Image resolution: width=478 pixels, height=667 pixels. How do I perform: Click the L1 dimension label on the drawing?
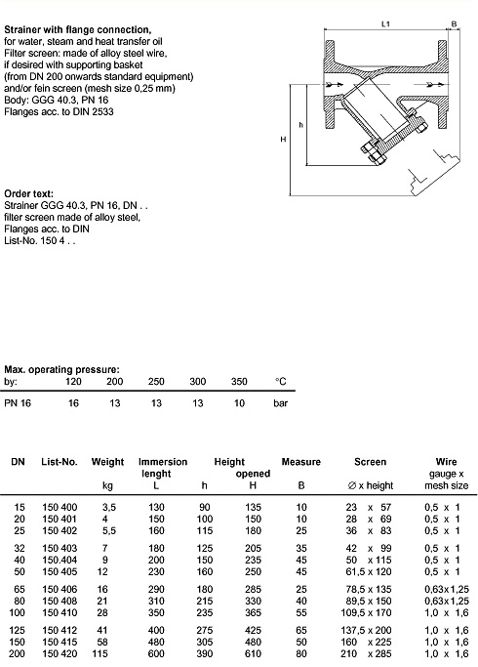coord(385,24)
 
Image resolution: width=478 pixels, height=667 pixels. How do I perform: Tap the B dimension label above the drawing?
coord(454,24)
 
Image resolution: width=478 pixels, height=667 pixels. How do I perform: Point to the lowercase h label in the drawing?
coord(301,125)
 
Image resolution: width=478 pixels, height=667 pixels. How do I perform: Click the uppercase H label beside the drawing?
coord(284,139)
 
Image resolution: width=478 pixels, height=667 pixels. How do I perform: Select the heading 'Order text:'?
coord(29,194)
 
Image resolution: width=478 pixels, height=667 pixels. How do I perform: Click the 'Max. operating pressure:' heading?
coord(62,369)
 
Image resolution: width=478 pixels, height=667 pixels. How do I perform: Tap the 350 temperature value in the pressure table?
coord(239,382)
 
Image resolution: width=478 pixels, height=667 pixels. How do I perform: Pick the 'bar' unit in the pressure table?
coord(280,403)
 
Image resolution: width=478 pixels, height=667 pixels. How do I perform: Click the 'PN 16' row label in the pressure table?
coord(18,403)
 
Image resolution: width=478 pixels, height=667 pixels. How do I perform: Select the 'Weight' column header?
coord(107,462)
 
